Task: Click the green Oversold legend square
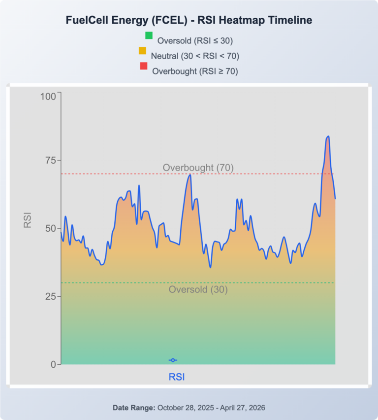point(149,35)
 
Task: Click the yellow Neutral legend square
point(142,50)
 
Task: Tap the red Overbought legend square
point(143,66)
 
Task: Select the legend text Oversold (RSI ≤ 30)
point(195,40)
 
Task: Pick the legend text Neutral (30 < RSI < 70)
point(195,56)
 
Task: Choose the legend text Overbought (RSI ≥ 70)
point(195,71)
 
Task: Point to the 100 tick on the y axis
point(48,96)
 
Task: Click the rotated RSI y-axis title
point(28,220)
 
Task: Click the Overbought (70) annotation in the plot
point(198,168)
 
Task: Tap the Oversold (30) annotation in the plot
point(198,290)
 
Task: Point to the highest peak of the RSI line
point(328,136)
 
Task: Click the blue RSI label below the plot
point(177,377)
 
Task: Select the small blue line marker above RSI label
point(173,360)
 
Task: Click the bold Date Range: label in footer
point(134,408)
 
